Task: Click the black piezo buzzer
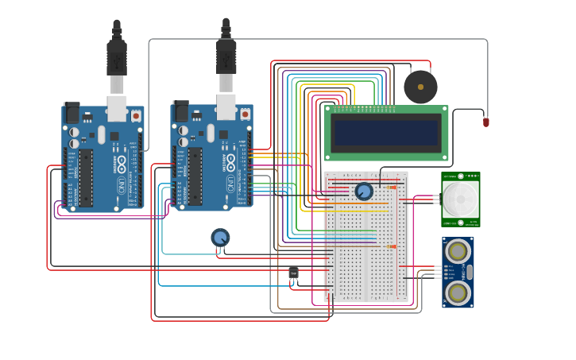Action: pos(420,87)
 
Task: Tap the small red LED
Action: pos(486,122)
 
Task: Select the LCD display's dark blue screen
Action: pos(387,133)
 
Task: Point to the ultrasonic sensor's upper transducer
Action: pos(458,251)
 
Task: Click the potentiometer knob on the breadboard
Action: pos(364,191)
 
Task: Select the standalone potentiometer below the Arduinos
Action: pos(220,237)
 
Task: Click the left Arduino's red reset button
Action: pos(136,115)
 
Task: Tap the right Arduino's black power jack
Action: pos(180,112)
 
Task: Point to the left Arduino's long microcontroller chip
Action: pos(86,177)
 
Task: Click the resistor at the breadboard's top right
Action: pos(391,187)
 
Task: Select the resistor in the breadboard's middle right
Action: pos(391,246)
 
